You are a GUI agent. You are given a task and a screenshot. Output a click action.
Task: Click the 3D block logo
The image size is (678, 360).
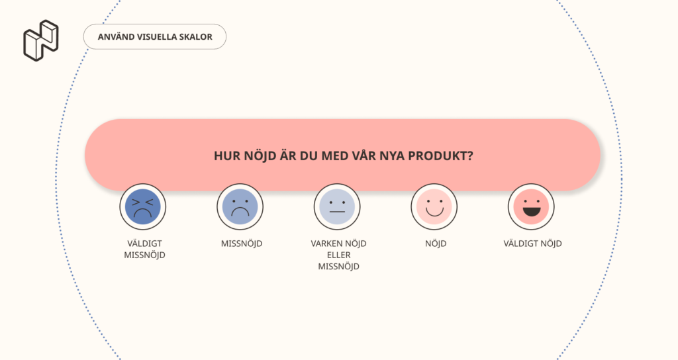pos(41,40)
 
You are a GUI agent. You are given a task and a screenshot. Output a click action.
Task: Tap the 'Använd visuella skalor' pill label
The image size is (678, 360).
pos(155,37)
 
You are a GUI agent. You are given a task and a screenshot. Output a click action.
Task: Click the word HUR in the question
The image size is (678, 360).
pos(227,156)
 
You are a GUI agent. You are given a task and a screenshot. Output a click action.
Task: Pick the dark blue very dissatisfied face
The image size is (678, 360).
pos(143,206)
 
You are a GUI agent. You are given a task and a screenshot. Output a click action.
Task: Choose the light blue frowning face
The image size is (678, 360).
pos(240,206)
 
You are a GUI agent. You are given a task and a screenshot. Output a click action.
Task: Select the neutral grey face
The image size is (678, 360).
pos(337,206)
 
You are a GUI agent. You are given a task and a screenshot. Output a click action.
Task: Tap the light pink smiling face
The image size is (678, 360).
pos(434,206)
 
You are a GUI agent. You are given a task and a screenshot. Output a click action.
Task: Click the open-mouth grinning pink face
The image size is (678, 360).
pos(531,206)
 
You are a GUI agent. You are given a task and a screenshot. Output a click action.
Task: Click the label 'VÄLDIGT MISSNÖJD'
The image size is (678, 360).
pos(144,249)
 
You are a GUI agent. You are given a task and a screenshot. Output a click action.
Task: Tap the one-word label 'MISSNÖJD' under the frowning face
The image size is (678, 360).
pos(242,244)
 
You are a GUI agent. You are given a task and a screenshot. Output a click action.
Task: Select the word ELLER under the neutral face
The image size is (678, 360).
pos(338,255)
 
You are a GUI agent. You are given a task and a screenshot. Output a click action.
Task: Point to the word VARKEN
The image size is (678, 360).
pos(325,244)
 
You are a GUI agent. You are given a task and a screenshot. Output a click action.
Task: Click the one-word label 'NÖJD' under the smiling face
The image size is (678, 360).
pos(436,244)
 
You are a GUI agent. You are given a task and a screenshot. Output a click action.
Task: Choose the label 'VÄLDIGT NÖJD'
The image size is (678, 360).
pos(533,244)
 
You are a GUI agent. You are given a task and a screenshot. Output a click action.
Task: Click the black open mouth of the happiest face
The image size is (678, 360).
pos(532,212)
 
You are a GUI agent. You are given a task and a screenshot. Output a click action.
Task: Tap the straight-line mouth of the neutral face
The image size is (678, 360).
pos(337,212)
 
